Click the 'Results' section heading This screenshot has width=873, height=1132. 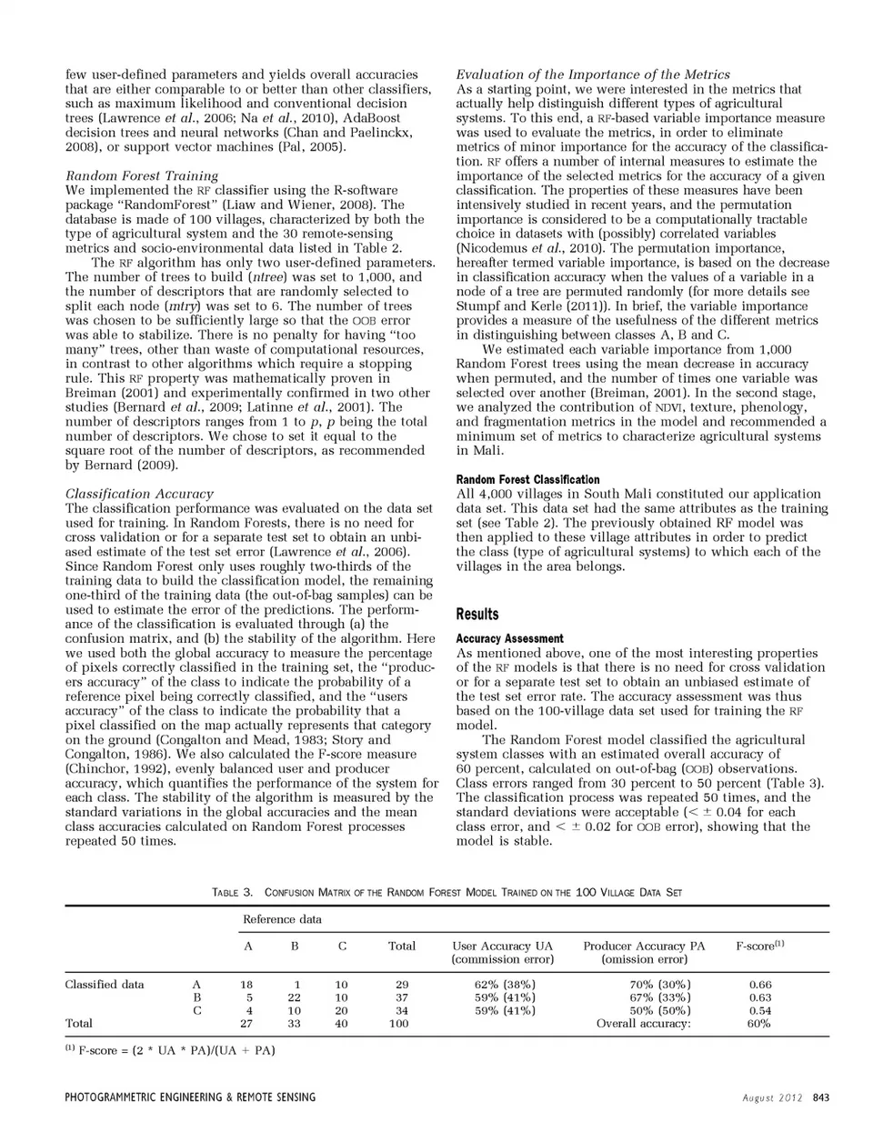point(477,615)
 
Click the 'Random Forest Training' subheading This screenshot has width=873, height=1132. point(142,175)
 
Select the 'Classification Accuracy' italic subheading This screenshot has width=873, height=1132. point(139,494)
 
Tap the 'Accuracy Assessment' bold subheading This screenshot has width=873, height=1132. point(509,638)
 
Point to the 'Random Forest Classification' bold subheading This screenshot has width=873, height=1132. point(527,479)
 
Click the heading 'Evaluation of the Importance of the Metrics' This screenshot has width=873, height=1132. point(593,74)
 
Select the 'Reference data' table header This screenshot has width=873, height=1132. point(282,919)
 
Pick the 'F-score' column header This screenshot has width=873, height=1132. point(759,946)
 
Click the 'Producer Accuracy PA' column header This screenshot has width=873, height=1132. point(644,946)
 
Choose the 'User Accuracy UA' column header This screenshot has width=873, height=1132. point(502,946)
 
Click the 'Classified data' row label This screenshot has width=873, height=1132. point(105,984)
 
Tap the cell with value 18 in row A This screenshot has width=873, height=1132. point(246,984)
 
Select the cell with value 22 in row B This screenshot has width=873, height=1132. point(294,997)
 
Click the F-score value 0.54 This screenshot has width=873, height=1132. point(759,1010)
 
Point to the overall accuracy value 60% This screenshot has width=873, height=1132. point(759,1023)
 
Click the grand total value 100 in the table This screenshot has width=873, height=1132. point(399,1023)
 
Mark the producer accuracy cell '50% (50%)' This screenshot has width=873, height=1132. point(659,1010)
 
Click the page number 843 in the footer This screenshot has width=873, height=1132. point(820,1097)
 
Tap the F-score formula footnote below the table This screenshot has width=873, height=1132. point(170,1050)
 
